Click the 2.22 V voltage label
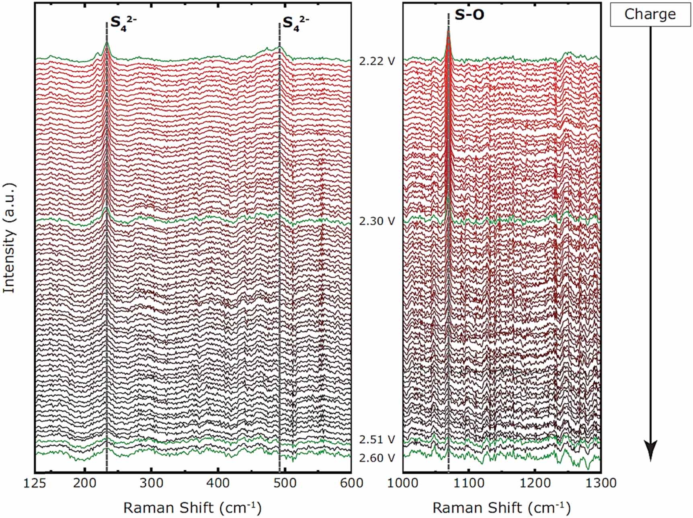click(x=377, y=61)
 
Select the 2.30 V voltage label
click(x=377, y=221)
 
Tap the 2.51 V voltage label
click(x=377, y=439)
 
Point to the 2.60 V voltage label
click(x=377, y=458)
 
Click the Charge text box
click(x=650, y=14)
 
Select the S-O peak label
click(x=469, y=15)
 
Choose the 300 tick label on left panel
click(x=151, y=483)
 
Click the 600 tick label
click(x=351, y=483)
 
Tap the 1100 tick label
click(x=469, y=483)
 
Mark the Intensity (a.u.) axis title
click(x=9, y=238)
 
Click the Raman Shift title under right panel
click(x=501, y=508)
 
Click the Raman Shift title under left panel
click(x=192, y=508)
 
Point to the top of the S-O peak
click(x=448, y=30)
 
